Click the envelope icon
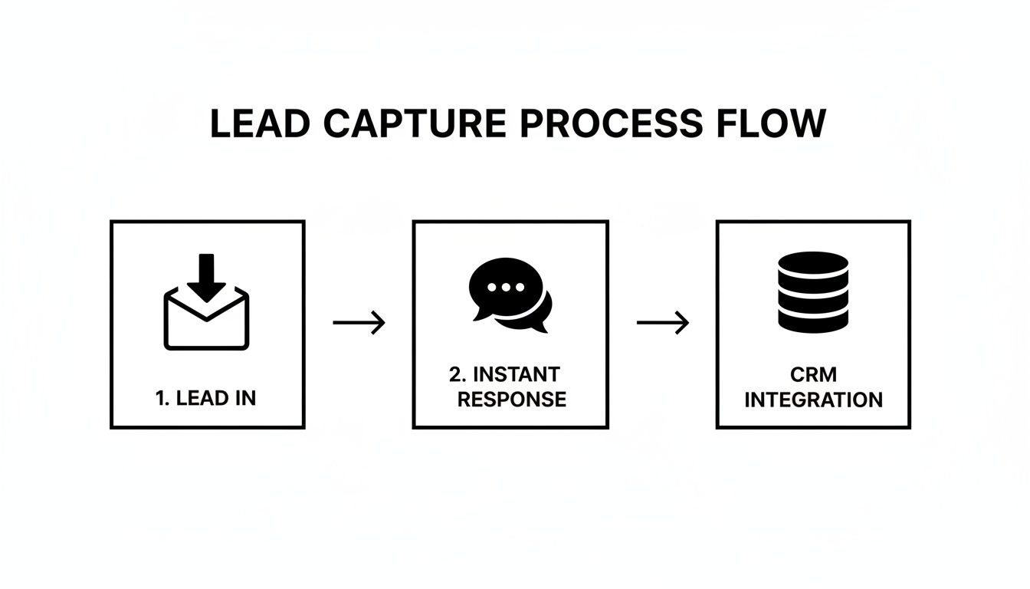click(x=207, y=322)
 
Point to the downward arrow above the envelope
click(x=207, y=276)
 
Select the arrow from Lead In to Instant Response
click(x=359, y=323)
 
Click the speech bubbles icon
click(x=509, y=296)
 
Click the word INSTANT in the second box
click(x=517, y=374)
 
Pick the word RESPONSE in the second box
click(x=510, y=400)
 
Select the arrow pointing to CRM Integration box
click(x=663, y=323)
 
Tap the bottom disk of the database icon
click(x=813, y=321)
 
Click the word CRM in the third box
click(x=813, y=374)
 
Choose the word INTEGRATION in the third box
click(x=813, y=400)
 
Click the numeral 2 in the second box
click(x=455, y=374)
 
